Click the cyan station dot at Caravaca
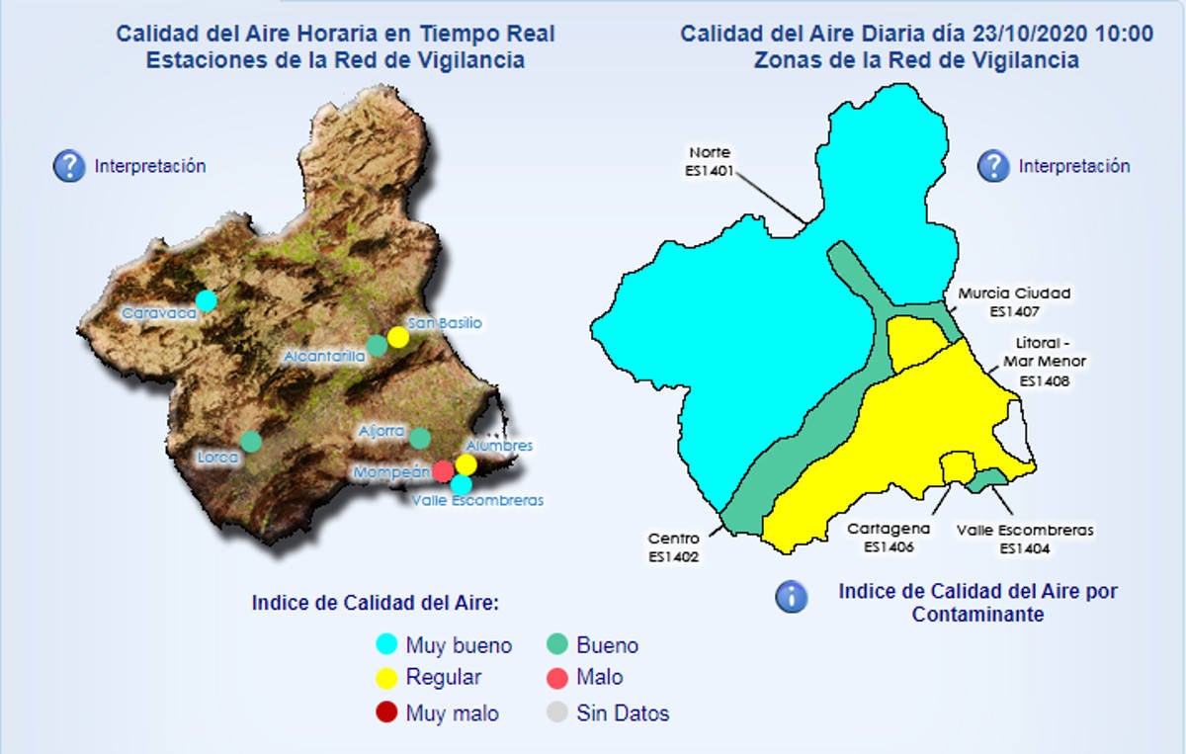click(x=206, y=299)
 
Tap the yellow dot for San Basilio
click(x=397, y=336)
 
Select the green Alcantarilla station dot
click(x=377, y=345)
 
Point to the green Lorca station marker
click(x=251, y=441)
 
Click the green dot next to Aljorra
click(x=420, y=438)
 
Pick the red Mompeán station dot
click(x=444, y=469)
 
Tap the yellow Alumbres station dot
click(x=466, y=463)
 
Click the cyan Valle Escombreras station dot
click(x=461, y=483)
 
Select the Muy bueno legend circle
click(x=387, y=645)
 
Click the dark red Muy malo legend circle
click(x=387, y=712)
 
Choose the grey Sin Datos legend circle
click(x=557, y=712)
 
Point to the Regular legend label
click(x=444, y=678)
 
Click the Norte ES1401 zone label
click(x=710, y=161)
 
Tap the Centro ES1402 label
click(x=674, y=547)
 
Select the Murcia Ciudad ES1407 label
click(x=1014, y=300)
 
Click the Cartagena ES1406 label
click(x=889, y=538)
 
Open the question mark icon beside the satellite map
click(x=68, y=166)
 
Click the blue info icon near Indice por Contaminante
click(x=791, y=597)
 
